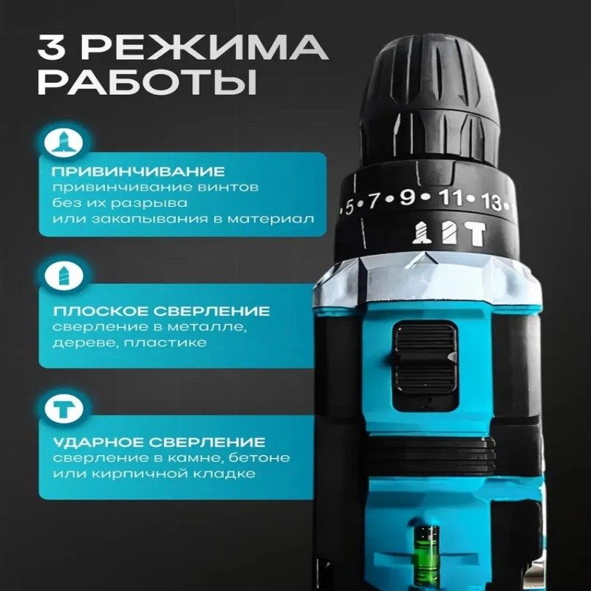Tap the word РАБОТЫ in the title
click(148, 81)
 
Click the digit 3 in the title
click(52, 47)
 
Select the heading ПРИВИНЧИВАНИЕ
click(138, 172)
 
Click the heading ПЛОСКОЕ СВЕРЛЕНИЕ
click(161, 311)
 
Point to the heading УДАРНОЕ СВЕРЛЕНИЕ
click(159, 442)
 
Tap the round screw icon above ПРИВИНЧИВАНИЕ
click(64, 143)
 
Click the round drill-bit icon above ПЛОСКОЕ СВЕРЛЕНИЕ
click(64, 275)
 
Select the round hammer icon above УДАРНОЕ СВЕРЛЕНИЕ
click(64, 409)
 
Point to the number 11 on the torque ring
click(450, 198)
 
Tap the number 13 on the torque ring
click(491, 202)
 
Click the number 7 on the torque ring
click(372, 200)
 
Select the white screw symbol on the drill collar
click(420, 233)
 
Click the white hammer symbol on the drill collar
click(475, 234)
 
